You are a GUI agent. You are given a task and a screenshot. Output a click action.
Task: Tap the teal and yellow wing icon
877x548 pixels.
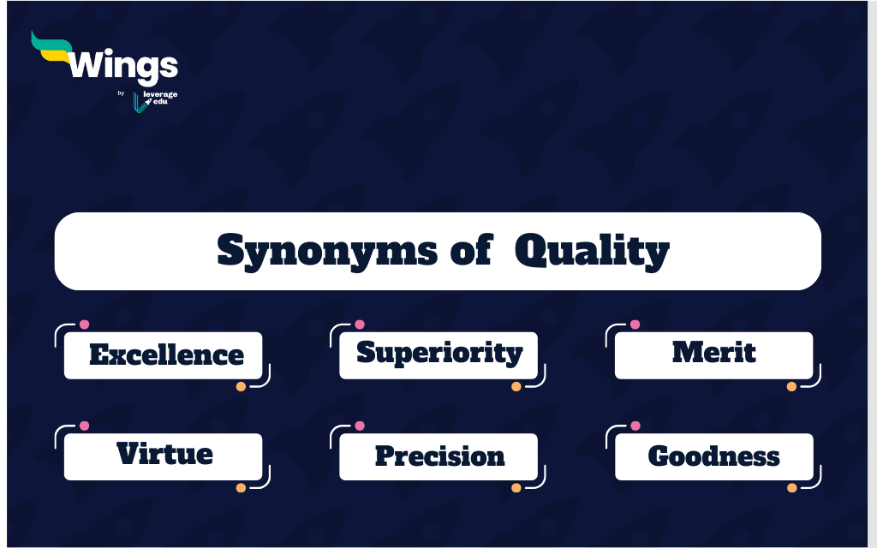click(x=51, y=47)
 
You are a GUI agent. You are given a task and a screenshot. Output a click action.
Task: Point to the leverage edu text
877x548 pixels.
click(x=160, y=98)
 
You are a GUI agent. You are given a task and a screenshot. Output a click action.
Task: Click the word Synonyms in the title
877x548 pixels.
click(x=327, y=251)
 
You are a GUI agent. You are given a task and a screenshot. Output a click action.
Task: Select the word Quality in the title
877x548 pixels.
click(x=592, y=251)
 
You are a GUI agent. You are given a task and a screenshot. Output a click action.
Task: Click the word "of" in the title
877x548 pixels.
click(x=472, y=249)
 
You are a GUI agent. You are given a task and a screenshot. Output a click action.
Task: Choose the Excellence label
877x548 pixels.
click(x=167, y=354)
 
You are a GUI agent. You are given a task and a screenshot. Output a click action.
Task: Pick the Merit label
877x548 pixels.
click(x=714, y=352)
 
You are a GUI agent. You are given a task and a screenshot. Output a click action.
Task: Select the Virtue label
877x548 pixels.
click(x=164, y=454)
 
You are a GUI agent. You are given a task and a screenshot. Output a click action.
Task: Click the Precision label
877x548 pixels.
click(x=439, y=456)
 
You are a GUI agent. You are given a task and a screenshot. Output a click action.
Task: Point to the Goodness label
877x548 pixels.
click(x=713, y=456)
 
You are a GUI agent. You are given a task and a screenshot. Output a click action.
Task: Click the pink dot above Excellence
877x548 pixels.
click(x=85, y=325)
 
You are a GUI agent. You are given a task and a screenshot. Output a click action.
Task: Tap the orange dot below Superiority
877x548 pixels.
click(x=516, y=386)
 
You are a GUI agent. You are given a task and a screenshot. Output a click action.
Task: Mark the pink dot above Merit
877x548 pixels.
click(x=635, y=325)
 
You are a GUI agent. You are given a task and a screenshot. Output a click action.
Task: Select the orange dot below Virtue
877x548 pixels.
click(x=241, y=487)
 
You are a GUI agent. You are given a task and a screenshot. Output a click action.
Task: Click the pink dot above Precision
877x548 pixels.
click(x=360, y=426)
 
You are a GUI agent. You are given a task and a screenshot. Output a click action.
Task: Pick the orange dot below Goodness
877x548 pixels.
click(x=792, y=487)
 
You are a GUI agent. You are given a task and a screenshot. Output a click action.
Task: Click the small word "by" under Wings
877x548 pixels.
click(x=121, y=93)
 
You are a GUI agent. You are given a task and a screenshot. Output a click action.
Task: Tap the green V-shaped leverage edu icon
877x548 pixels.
click(x=140, y=103)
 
